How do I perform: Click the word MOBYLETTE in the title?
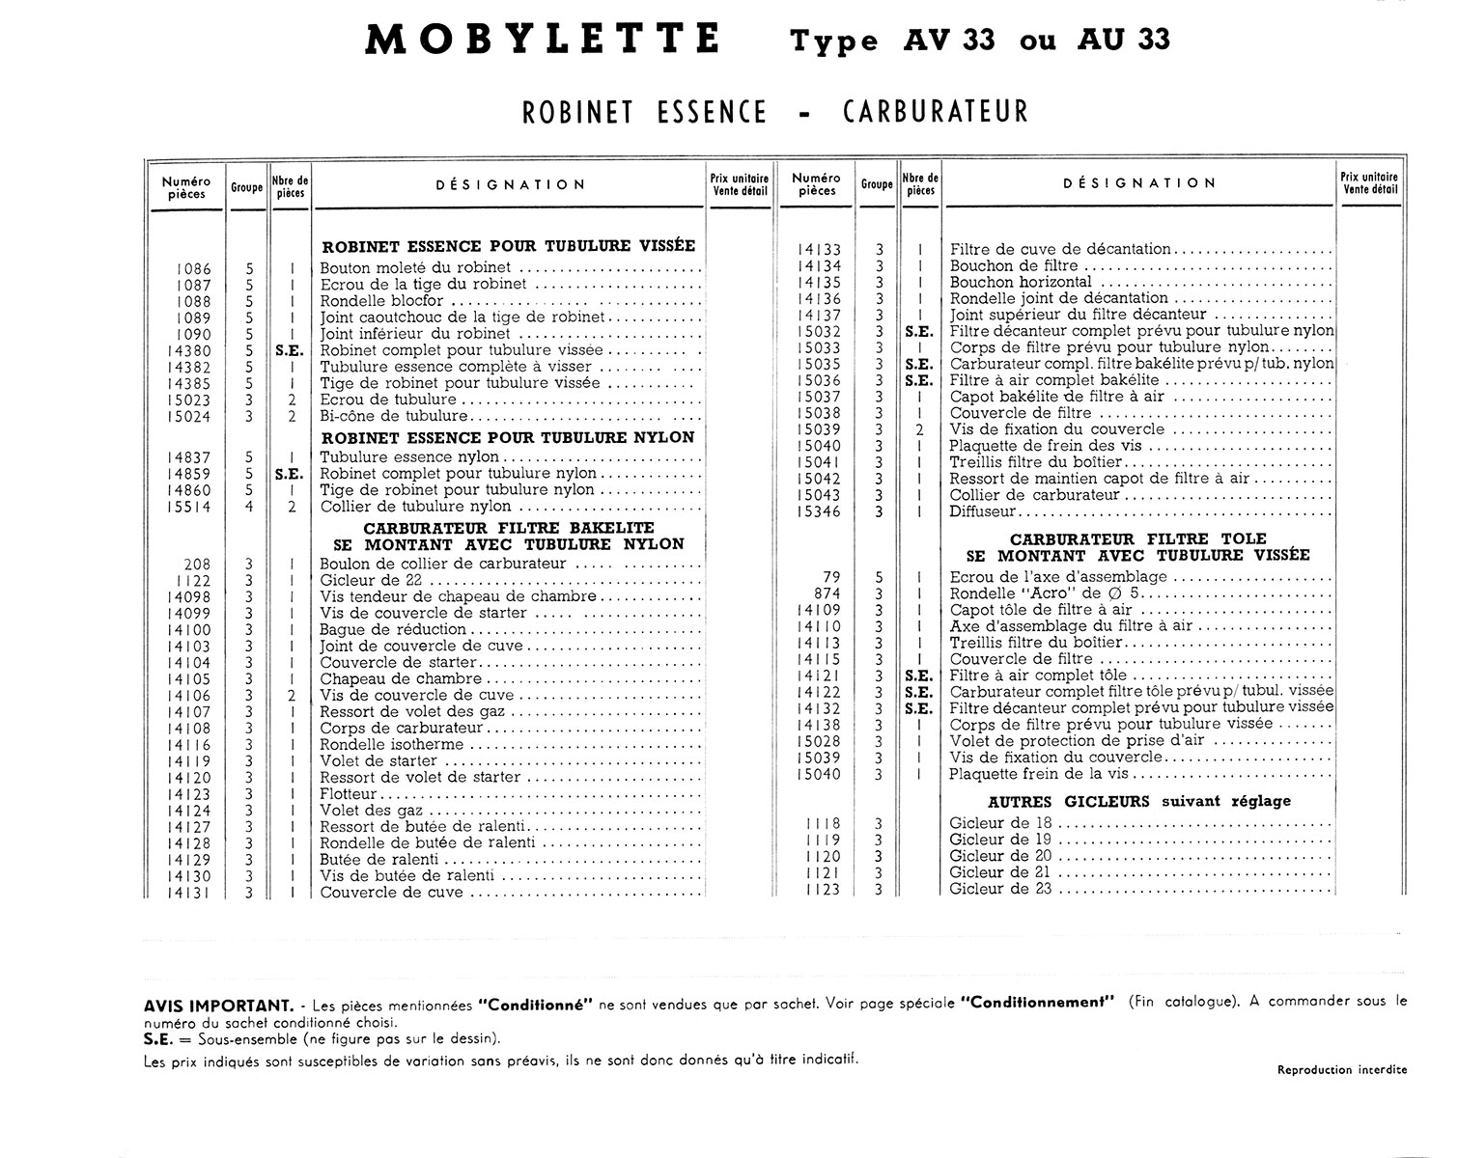[543, 40]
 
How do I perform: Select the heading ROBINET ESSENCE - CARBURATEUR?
[775, 112]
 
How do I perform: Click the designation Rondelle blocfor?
[382, 301]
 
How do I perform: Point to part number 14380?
[189, 350]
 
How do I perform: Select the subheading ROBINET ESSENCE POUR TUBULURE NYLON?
[507, 437]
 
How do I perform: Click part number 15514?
[189, 507]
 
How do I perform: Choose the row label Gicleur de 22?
[371, 580]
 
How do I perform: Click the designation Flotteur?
[349, 794]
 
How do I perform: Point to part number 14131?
[189, 893]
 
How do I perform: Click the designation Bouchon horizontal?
[1021, 282]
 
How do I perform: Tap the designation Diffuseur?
[983, 511]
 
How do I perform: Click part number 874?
[827, 593]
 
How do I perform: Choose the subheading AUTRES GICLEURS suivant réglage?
[1139, 801]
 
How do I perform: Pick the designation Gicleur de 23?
[1000, 889]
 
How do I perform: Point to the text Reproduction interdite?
[1341, 1069]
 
